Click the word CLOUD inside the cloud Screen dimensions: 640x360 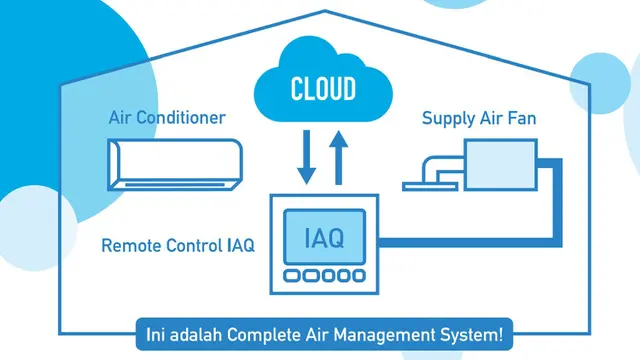pyautogui.click(x=323, y=89)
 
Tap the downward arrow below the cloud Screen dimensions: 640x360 pyautogui.click(x=307, y=157)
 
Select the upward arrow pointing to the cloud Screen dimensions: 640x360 pyautogui.click(x=338, y=157)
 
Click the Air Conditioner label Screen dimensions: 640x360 pyautogui.click(x=167, y=118)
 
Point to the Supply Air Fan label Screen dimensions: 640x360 pyautogui.click(x=479, y=118)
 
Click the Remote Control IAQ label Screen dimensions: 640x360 pyautogui.click(x=178, y=246)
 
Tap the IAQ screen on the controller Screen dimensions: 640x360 pyautogui.click(x=324, y=237)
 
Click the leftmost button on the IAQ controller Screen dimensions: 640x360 pyautogui.click(x=291, y=276)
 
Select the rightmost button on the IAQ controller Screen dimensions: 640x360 pyautogui.click(x=358, y=276)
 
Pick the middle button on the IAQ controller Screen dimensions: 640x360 pyautogui.click(x=328, y=276)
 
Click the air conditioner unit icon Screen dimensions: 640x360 pyautogui.click(x=175, y=164)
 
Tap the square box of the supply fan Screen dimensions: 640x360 pyautogui.click(x=500, y=164)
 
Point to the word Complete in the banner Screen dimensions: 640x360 pyautogui.click(x=264, y=335)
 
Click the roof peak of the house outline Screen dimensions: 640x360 pyautogui.click(x=325, y=11)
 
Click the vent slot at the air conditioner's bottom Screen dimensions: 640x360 pyautogui.click(x=175, y=185)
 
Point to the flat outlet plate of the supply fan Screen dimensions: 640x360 pyautogui.click(x=430, y=187)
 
